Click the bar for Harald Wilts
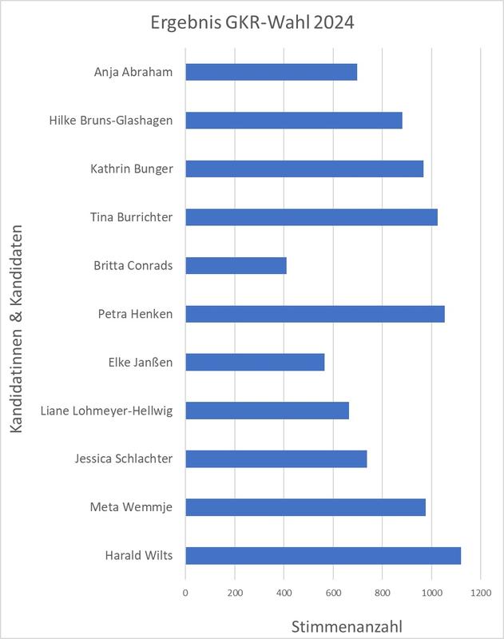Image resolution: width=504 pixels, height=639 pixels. click(x=323, y=556)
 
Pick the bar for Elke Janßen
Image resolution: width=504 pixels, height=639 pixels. click(x=255, y=362)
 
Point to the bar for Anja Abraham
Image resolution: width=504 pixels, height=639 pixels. click(x=271, y=72)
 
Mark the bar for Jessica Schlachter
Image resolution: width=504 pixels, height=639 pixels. click(x=276, y=458)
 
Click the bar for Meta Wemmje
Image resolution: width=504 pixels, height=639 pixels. click(x=305, y=507)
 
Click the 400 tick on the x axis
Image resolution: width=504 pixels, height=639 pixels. click(x=284, y=592)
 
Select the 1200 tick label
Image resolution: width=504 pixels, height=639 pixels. click(x=481, y=592)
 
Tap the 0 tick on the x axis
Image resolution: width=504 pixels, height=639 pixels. click(x=185, y=592)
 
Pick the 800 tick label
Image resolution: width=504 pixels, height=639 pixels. click(x=382, y=592)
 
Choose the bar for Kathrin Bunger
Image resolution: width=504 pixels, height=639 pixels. click(x=304, y=169)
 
